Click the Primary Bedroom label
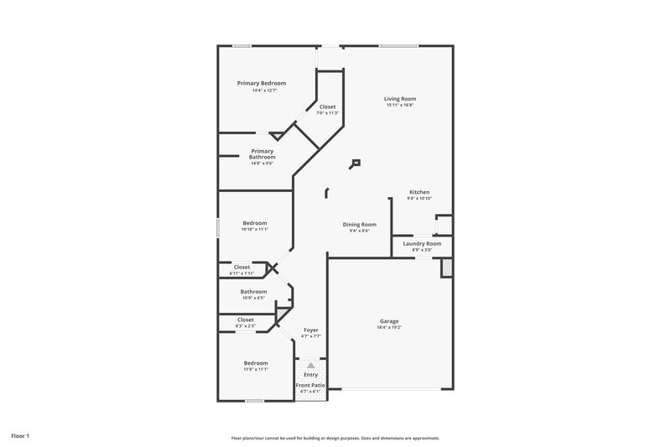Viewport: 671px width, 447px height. [261, 83]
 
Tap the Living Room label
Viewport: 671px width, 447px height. [401, 99]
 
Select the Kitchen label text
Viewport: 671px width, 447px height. [419, 192]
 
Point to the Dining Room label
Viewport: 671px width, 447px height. [359, 224]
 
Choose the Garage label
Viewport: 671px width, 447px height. [389, 320]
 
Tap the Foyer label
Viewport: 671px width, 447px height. [310, 330]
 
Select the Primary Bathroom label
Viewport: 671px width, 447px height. [262, 153]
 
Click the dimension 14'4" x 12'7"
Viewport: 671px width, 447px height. [261, 91]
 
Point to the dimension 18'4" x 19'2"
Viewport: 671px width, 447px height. [389, 328]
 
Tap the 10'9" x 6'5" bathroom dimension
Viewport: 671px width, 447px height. [253, 298]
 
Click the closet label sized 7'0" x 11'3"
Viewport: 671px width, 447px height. [327, 107]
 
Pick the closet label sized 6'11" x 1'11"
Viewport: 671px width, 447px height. [242, 267]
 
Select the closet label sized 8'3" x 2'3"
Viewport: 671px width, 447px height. [246, 320]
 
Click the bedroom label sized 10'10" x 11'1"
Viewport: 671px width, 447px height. [255, 222]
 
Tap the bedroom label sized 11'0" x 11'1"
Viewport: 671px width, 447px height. [256, 362]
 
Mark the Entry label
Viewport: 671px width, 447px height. [310, 374]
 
